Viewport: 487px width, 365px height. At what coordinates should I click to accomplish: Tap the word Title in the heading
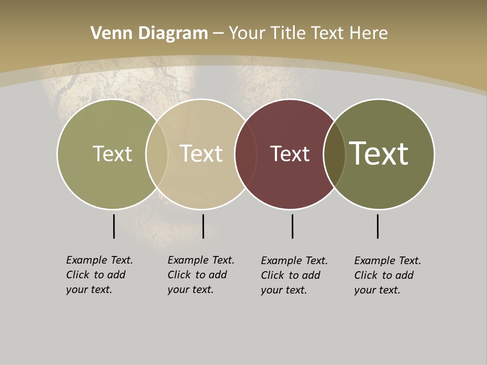coord(289,33)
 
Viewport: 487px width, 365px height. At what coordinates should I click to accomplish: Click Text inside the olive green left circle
coord(112,154)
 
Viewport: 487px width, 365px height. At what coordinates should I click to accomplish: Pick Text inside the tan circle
coord(201,154)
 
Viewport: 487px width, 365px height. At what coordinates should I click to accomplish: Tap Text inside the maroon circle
coord(290,154)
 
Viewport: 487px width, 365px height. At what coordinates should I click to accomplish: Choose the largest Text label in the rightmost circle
coord(379,153)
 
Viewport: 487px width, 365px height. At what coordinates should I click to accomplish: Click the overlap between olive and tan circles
coord(157,154)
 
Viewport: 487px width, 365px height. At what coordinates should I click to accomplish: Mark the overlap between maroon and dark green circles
coord(334,154)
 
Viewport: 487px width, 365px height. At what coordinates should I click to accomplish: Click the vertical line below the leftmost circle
coord(114,226)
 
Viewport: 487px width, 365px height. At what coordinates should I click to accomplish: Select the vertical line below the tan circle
coord(203,226)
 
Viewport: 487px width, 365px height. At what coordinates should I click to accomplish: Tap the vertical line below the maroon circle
coord(292,226)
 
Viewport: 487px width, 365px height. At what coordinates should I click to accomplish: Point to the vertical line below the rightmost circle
coord(377,226)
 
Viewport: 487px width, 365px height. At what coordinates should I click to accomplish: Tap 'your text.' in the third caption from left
coord(284,290)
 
